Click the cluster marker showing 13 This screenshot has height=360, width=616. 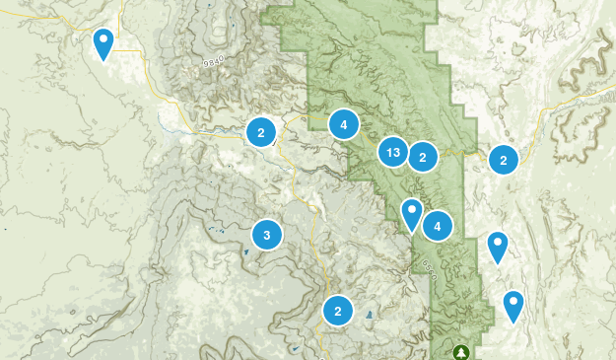point(393,152)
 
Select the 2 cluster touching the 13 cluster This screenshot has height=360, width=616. point(422,156)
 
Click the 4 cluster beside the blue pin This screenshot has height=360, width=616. point(437,225)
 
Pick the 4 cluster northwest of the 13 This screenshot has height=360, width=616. point(343,124)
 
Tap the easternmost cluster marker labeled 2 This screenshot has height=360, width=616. point(504,160)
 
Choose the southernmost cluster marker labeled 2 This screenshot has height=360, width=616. point(338,311)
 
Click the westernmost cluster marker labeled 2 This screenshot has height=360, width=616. point(261,131)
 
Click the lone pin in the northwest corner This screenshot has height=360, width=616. point(103,42)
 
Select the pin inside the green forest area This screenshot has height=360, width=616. point(412,212)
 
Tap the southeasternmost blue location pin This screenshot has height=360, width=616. point(513,304)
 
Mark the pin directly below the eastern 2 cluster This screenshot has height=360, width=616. point(498,245)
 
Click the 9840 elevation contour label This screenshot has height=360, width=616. point(212,60)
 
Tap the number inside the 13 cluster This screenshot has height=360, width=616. point(393,152)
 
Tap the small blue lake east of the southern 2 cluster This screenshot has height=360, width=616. point(370,316)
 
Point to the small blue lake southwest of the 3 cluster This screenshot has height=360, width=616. point(245,252)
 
